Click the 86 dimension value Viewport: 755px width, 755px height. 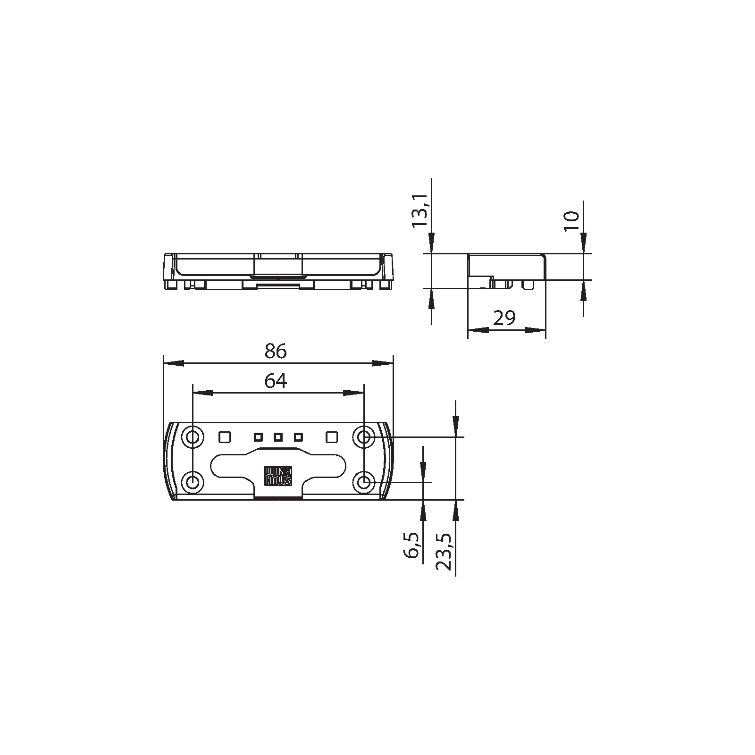click(276, 351)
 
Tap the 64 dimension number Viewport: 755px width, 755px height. click(276, 381)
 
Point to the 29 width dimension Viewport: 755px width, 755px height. click(504, 319)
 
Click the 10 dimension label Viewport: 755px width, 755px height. click(571, 220)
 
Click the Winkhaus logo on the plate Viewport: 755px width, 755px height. click(278, 476)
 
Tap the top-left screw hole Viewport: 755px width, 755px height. click(193, 437)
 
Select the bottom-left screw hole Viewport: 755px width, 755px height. click(193, 483)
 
